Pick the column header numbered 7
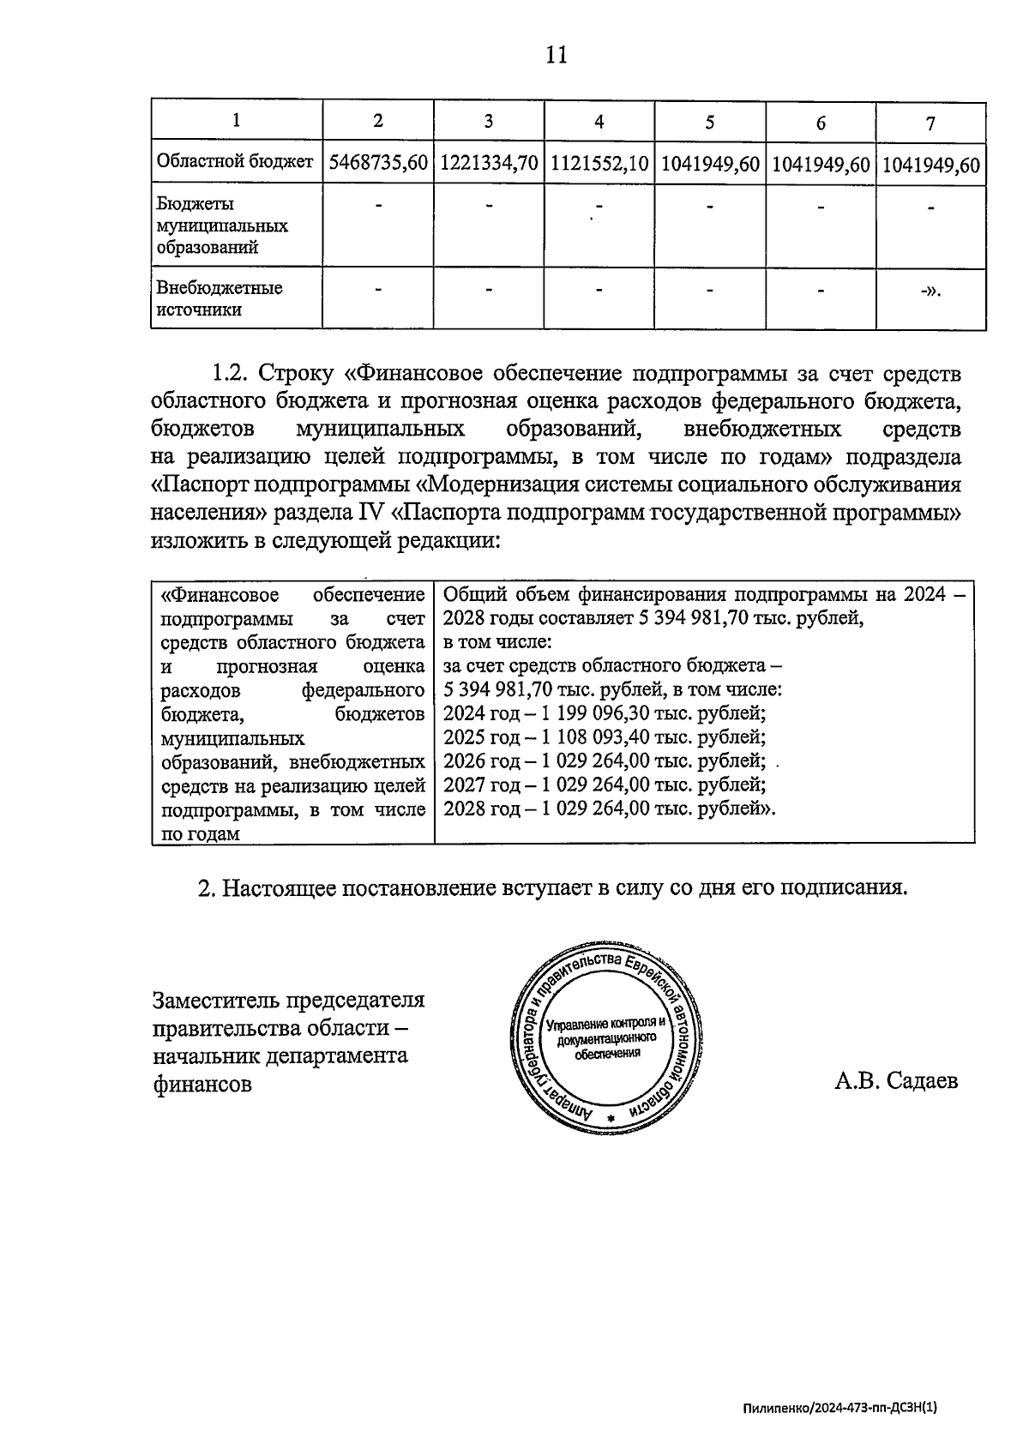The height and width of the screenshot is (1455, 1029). (x=930, y=123)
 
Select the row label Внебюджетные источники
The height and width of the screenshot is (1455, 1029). (x=220, y=299)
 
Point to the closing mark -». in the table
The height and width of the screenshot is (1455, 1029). (x=930, y=292)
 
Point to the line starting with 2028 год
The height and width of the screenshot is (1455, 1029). (x=609, y=809)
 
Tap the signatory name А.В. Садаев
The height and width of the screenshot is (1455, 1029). (x=896, y=1081)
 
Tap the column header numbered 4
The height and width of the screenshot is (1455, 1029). (x=599, y=123)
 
